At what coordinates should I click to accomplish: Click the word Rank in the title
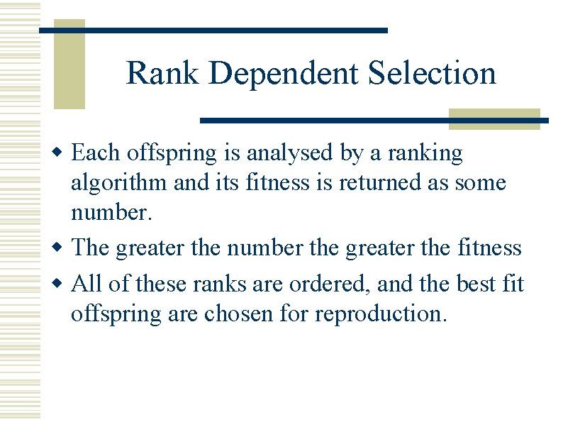162,73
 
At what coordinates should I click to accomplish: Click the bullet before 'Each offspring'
62,153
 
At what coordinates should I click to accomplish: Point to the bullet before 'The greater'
62,248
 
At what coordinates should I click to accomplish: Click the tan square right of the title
495,118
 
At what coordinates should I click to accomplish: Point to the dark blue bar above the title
213,30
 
